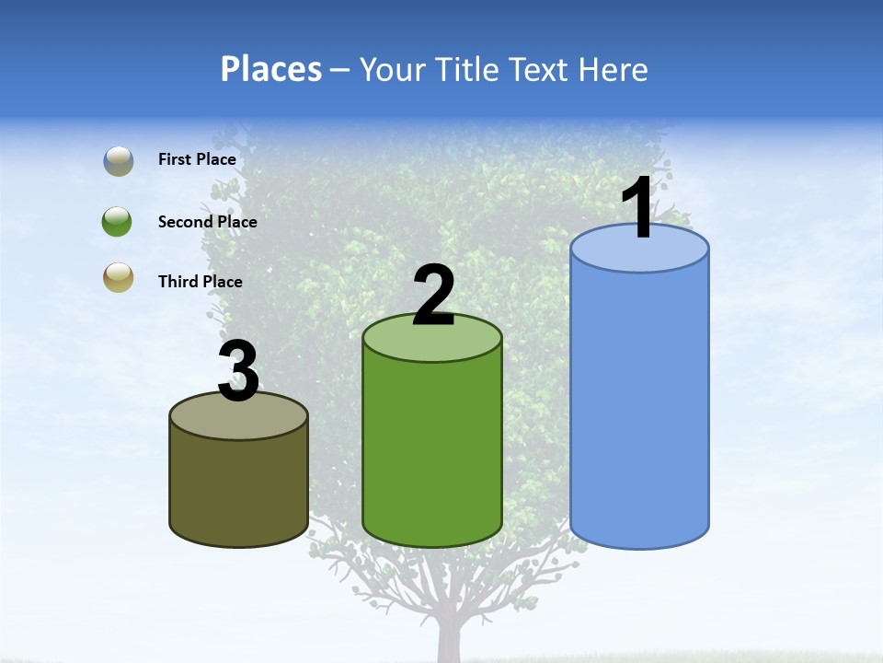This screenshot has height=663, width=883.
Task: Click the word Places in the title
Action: click(x=271, y=69)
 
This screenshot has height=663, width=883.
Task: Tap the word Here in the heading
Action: click(x=612, y=69)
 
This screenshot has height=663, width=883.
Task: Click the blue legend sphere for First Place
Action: click(x=118, y=160)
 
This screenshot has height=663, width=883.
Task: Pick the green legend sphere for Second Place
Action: click(x=118, y=222)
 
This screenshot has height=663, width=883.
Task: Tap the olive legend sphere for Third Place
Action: click(x=118, y=277)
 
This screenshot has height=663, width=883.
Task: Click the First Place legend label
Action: click(x=197, y=159)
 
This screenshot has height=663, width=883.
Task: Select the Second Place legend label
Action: click(x=207, y=222)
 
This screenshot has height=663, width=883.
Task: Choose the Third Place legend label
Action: click(x=200, y=282)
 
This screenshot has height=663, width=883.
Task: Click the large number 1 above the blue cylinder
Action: click(x=637, y=209)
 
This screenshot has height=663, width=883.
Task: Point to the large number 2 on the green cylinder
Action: click(x=433, y=296)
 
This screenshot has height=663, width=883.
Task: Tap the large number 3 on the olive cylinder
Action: click(x=238, y=372)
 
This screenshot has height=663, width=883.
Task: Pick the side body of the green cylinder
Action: click(x=432, y=451)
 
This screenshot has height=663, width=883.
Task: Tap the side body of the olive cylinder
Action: click(x=238, y=488)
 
